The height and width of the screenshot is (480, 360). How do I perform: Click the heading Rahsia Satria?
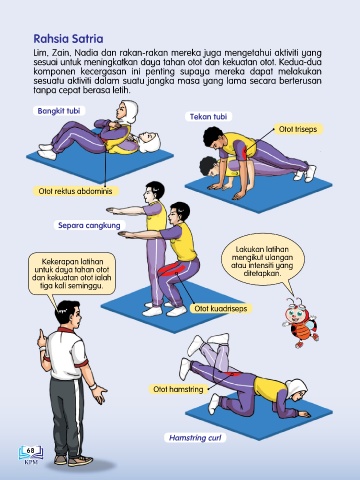(68, 39)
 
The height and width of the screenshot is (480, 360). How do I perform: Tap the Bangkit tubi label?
(59, 111)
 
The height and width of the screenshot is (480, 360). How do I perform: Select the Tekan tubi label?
(208, 117)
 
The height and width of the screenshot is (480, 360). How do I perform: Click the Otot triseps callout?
(298, 129)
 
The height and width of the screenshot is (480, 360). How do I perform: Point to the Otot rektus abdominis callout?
(75, 191)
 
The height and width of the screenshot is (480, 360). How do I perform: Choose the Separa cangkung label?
(89, 225)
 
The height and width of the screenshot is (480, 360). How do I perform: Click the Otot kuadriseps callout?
(221, 309)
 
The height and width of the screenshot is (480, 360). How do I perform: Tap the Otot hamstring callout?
(178, 389)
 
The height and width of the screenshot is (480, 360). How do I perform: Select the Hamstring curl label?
(195, 438)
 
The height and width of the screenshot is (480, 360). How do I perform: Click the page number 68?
(30, 450)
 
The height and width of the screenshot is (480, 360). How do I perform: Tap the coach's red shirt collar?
(65, 330)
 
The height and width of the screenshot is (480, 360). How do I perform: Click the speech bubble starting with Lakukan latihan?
(262, 261)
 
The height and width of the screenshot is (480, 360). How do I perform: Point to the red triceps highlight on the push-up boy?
(246, 151)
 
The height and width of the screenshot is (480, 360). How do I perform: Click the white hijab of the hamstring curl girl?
(297, 388)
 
